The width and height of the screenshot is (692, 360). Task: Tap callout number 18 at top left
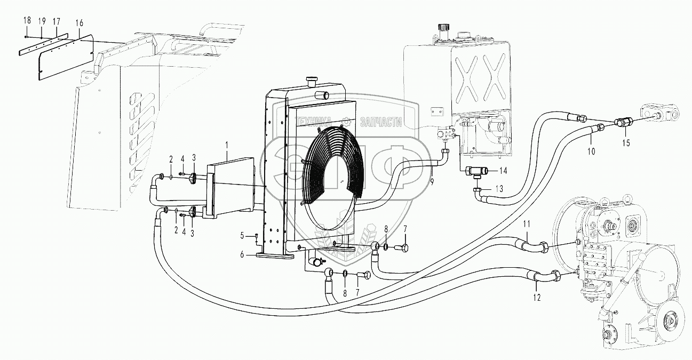(26, 20)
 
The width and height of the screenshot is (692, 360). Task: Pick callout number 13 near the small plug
(499, 189)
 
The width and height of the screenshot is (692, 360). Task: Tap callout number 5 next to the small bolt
(242, 235)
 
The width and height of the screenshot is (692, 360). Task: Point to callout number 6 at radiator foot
(242, 255)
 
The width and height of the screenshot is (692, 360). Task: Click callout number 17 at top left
(55, 22)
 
